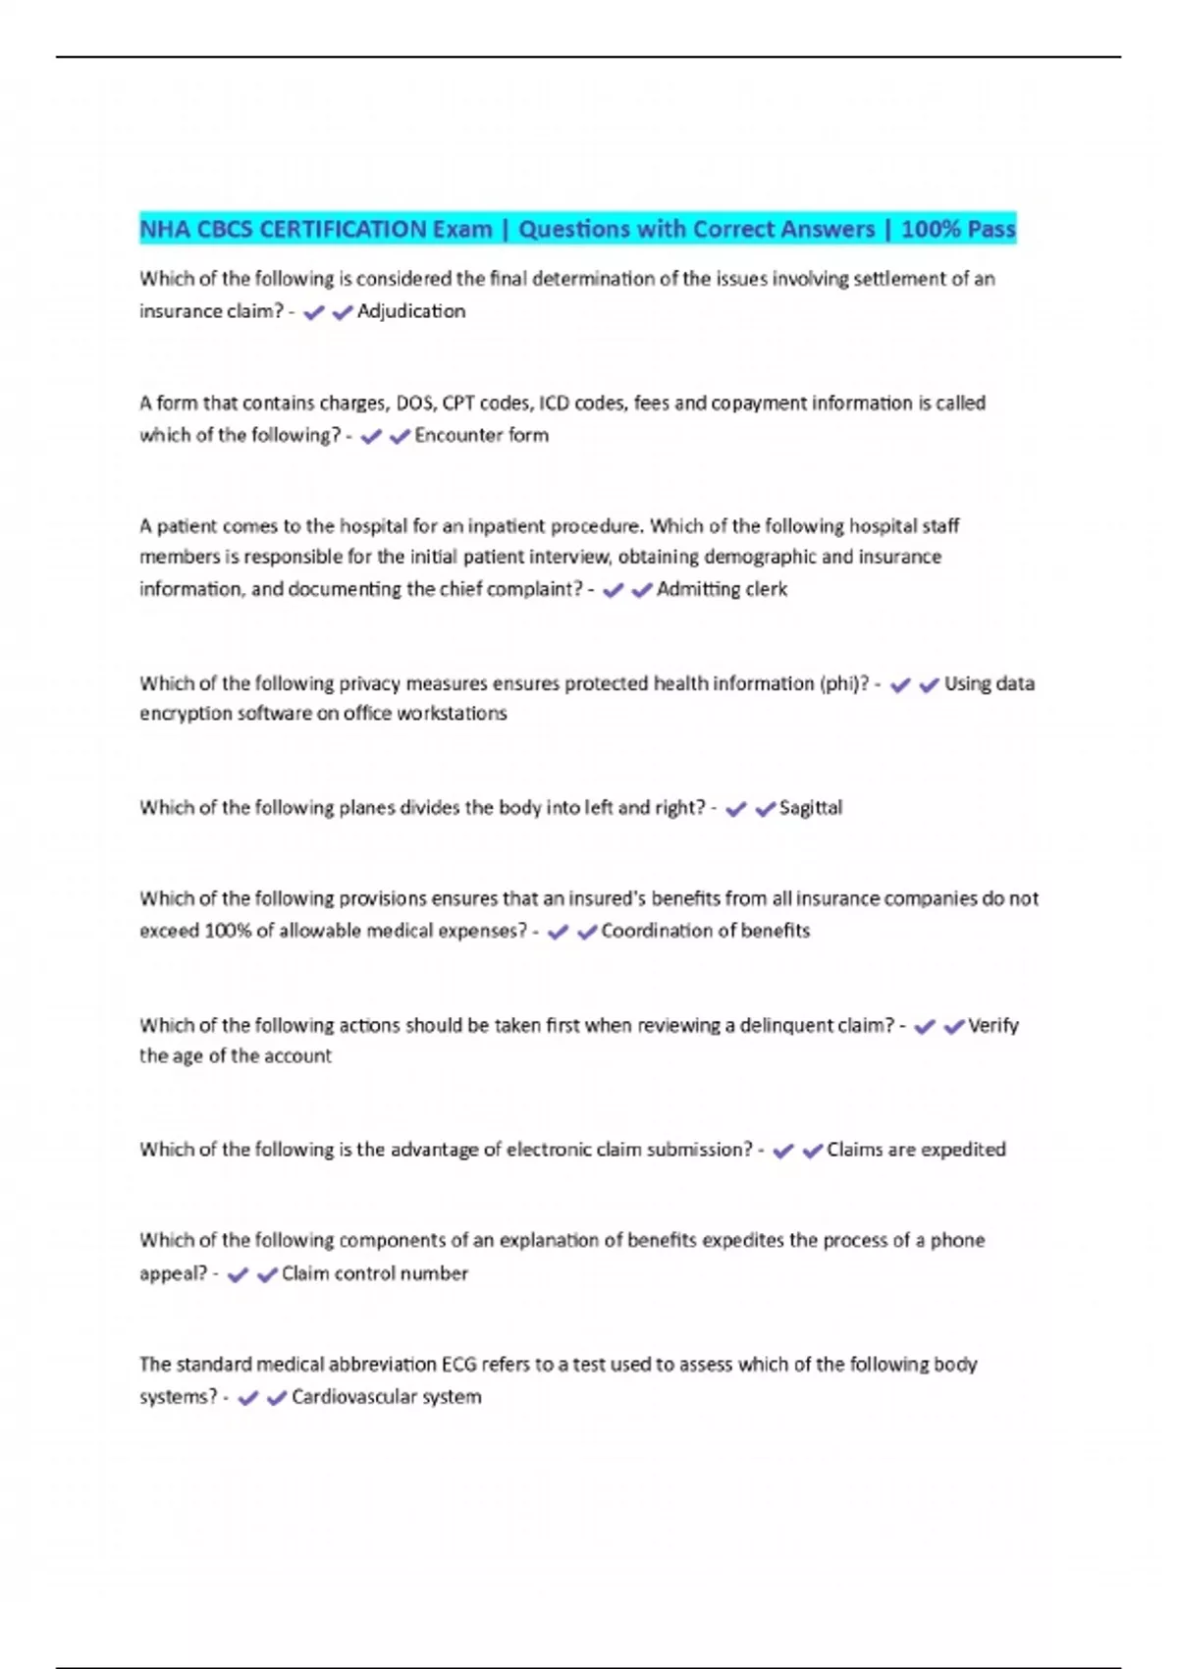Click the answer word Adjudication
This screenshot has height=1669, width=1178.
[411, 311]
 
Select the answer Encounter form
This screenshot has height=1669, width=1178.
[481, 435]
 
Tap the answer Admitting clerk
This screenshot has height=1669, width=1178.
[722, 589]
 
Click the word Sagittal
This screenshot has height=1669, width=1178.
[810, 808]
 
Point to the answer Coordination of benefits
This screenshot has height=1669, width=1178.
[705, 931]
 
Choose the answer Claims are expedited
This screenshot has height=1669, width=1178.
[916, 1150]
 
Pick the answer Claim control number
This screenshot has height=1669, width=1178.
[374, 1273]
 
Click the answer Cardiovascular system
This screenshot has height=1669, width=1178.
[386, 1397]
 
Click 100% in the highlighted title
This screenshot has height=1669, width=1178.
[928, 230]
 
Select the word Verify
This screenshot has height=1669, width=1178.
[993, 1026]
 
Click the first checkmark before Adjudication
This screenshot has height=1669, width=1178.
[314, 313]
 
